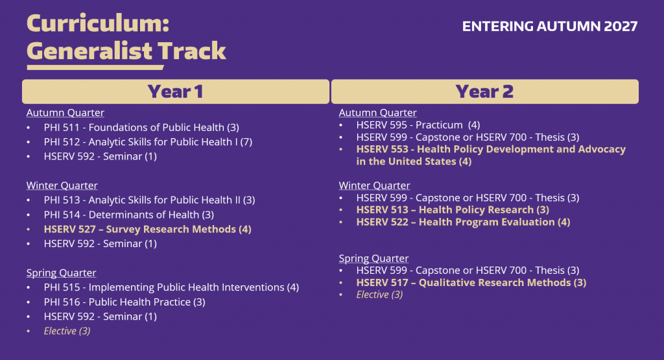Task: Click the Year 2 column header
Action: (x=484, y=91)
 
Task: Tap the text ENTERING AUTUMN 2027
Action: (x=550, y=27)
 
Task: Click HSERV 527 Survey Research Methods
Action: (x=147, y=229)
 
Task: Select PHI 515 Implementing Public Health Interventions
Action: (x=171, y=287)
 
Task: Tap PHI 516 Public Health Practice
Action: (x=124, y=302)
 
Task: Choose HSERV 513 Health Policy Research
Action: (x=453, y=210)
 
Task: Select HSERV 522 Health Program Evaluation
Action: (x=463, y=222)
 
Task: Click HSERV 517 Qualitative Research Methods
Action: (x=471, y=282)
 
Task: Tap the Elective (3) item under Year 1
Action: (x=67, y=331)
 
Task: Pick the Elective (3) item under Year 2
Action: (x=379, y=294)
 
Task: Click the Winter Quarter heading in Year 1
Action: (x=62, y=186)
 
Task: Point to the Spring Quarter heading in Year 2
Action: (x=373, y=258)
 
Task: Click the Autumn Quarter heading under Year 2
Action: (x=377, y=113)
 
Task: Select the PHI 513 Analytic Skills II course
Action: (x=149, y=200)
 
